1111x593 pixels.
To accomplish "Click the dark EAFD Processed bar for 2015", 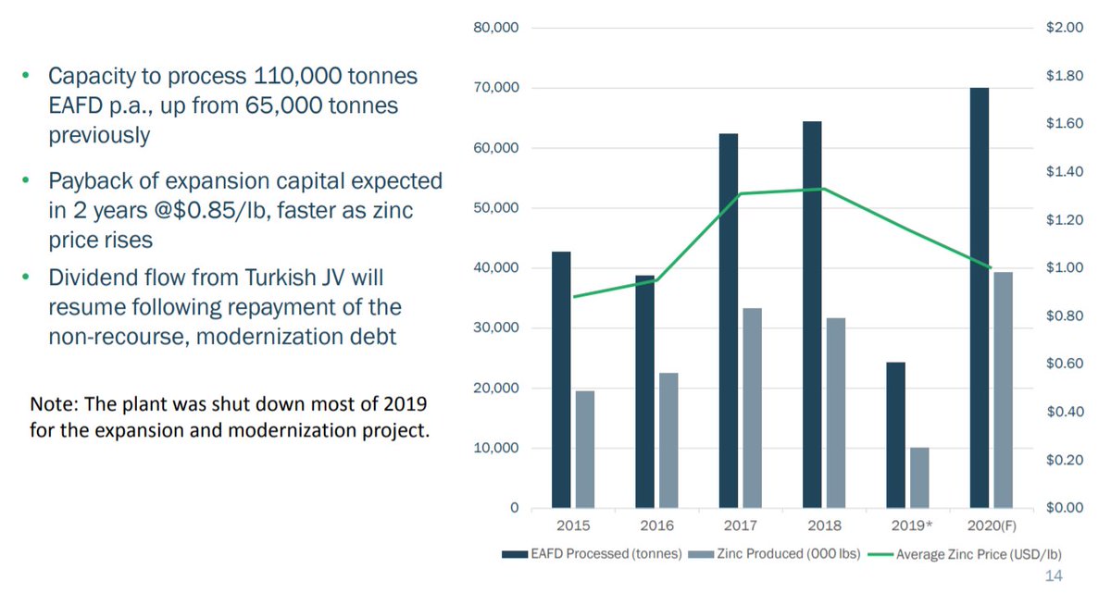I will tap(561, 379).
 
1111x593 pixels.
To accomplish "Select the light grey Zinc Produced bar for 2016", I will tap(668, 440).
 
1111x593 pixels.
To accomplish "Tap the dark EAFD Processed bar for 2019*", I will tap(895, 435).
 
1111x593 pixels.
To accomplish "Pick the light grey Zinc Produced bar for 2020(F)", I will tap(1003, 389).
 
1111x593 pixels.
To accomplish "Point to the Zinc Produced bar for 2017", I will tap(752, 408).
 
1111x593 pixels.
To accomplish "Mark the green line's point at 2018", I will tap(824, 189).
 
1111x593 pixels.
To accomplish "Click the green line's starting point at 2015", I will tap(574, 297).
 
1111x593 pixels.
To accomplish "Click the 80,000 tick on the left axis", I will tap(496, 29).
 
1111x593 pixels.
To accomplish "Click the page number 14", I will tap(1053, 576).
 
